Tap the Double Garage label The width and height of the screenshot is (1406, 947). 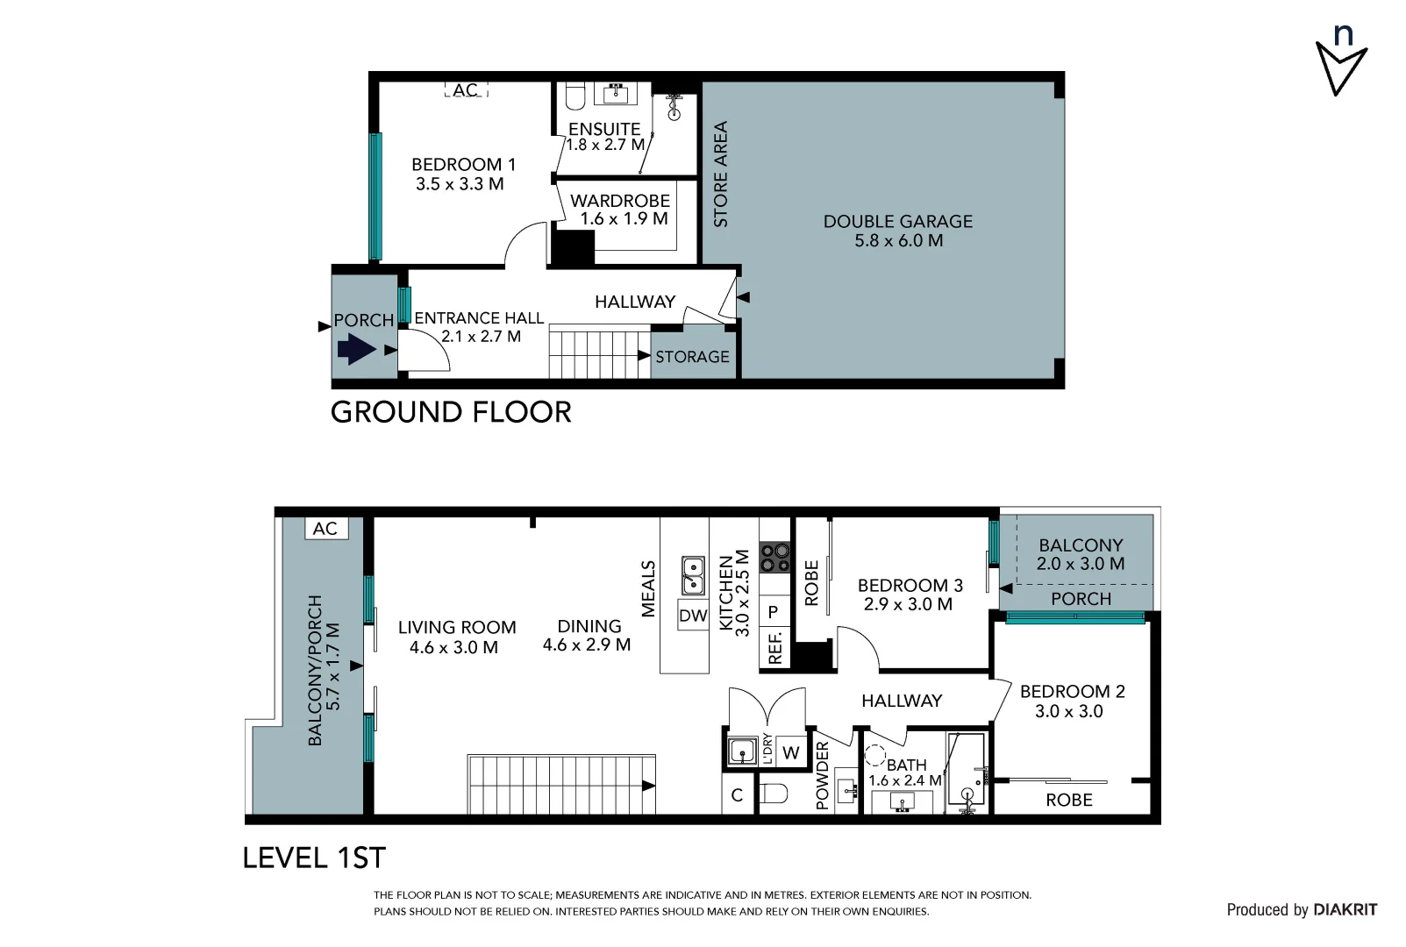coord(898,222)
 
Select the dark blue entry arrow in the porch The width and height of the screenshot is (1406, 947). coord(356,349)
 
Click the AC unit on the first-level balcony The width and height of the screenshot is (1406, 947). coord(325,529)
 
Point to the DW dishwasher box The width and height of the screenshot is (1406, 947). coord(693,616)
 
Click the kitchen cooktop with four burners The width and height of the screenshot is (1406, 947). coord(775,558)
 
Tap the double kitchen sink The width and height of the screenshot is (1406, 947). coord(693,575)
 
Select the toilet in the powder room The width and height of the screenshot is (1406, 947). coord(774,794)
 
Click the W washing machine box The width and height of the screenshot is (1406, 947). coord(791,751)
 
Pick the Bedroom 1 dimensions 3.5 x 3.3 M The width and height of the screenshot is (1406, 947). coord(460,184)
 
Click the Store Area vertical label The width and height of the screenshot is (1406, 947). coord(721,174)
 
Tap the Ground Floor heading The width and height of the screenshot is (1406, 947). coord(451,412)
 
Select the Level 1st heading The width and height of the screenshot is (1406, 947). coord(314,858)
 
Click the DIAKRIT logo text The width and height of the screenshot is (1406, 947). coord(1345,909)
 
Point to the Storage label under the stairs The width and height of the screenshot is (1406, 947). coord(692,357)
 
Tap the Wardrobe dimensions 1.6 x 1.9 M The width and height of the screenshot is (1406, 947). coord(624,218)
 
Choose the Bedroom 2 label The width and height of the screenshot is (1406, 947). coord(1073,692)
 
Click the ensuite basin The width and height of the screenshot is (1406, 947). coord(616,94)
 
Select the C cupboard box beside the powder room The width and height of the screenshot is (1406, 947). coord(738,794)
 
